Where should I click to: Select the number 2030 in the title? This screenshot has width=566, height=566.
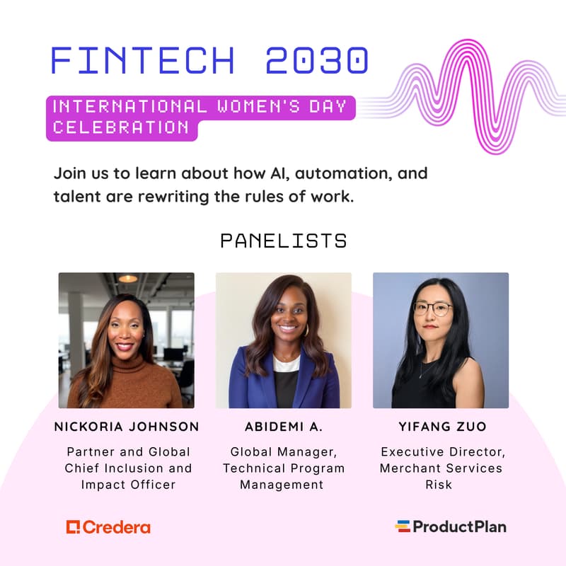(x=316, y=62)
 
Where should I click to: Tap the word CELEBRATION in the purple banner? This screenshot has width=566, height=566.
(x=121, y=128)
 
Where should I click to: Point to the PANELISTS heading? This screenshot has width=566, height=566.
(x=283, y=241)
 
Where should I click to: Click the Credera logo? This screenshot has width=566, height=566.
(x=108, y=527)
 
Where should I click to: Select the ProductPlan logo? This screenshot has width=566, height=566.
(x=451, y=526)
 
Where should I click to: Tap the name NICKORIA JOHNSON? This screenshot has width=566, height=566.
(x=127, y=427)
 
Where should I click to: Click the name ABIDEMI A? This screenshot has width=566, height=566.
(x=283, y=427)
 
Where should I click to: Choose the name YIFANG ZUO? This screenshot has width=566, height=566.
(x=441, y=427)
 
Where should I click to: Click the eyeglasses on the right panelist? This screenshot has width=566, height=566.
(x=432, y=308)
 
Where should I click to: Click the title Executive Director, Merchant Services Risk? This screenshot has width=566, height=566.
(x=441, y=468)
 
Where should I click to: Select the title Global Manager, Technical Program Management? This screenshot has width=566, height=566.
(x=283, y=468)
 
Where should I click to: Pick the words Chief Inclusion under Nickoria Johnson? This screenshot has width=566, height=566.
(x=127, y=468)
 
